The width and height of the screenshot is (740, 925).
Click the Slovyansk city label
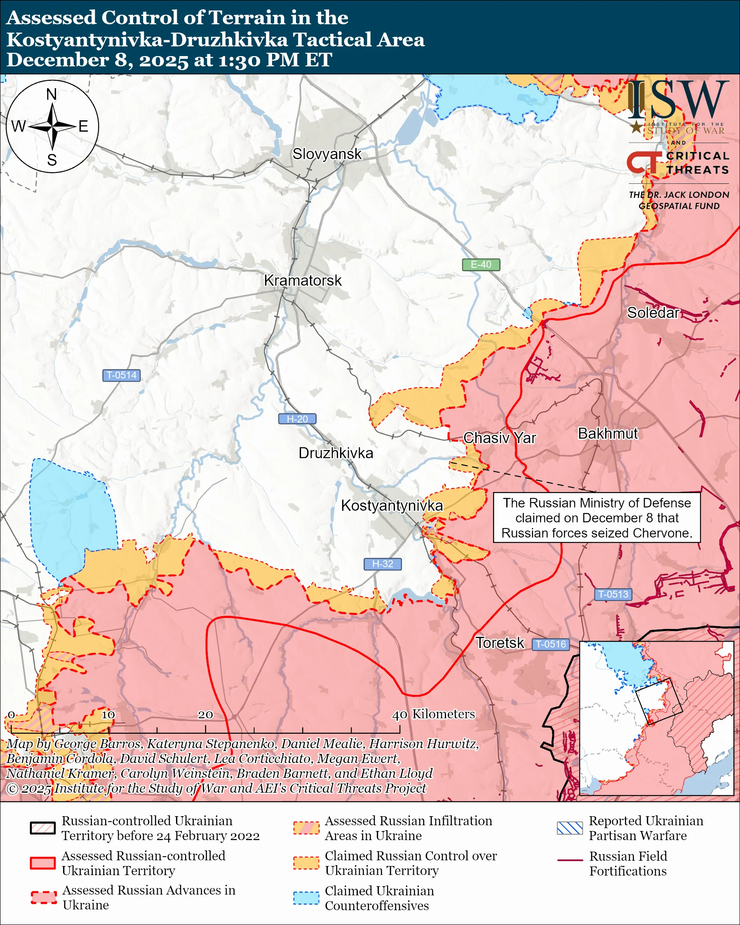tap(327, 154)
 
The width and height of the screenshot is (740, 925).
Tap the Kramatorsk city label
tap(303, 281)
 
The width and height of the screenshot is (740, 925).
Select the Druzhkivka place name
tap(336, 453)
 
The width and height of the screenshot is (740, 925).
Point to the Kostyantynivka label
tap(392, 505)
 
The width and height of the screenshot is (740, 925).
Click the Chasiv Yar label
tap(499, 438)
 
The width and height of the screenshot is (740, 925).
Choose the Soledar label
tap(653, 313)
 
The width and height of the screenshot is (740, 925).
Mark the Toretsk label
tap(500, 643)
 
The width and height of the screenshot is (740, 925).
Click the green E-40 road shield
tap(481, 265)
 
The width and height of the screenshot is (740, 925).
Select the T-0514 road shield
tap(121, 376)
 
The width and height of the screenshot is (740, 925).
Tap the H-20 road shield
tap(297, 419)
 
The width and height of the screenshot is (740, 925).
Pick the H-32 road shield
tap(382, 564)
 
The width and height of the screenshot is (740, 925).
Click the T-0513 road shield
tap(613, 594)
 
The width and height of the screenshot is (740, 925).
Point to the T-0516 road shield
tap(551, 644)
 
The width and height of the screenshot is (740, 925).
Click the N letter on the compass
tap(52, 94)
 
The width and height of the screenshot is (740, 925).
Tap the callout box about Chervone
tap(596, 518)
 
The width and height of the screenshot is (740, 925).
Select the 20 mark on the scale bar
tap(205, 715)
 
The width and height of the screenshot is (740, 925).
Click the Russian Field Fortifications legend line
tap(570, 861)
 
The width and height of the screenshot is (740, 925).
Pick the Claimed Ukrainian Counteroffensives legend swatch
tap(306, 898)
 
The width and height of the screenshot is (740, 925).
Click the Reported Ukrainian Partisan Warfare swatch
tap(570, 828)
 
